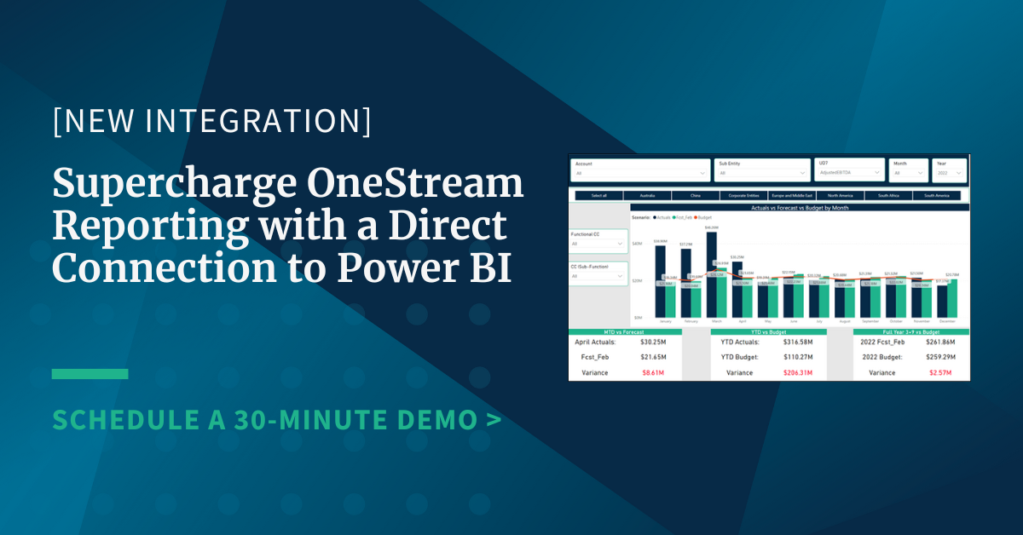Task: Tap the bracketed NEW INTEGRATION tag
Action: coord(211,122)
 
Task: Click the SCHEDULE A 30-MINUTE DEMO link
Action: coord(276,418)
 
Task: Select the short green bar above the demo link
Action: coord(90,374)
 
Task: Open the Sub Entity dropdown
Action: coord(762,173)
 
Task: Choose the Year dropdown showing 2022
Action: coord(949,173)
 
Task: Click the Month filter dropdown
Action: coord(908,173)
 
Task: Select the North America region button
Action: coord(840,196)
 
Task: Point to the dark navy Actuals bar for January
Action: coord(660,281)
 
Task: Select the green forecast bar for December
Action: coord(951,298)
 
